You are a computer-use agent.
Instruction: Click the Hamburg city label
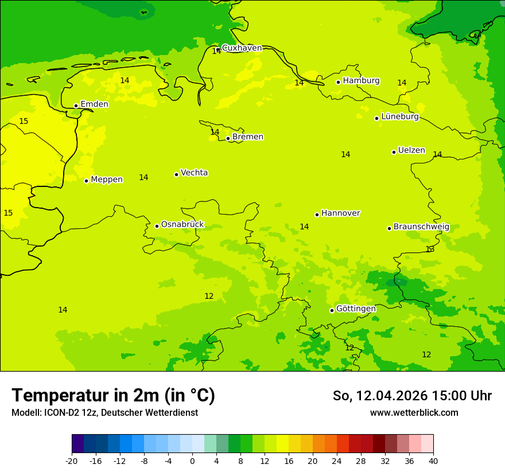[361, 81]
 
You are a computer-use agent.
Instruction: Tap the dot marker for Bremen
[228, 138]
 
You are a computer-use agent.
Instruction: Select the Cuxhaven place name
[242, 48]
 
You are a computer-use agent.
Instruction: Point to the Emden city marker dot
[76, 106]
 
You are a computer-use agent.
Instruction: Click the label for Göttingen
[356, 309]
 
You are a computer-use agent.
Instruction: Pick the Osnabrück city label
[182, 225]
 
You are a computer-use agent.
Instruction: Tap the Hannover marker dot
[317, 214]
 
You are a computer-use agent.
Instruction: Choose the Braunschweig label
[421, 227]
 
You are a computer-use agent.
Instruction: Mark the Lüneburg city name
[399, 117]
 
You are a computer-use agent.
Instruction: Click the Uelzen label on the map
[411, 151]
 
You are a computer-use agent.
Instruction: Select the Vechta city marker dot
[176, 174]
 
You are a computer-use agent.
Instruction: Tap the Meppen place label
[106, 180]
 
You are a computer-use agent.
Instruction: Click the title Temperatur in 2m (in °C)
[113, 396]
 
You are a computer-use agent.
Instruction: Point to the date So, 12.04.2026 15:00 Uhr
[412, 396]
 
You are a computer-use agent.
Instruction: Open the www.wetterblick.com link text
[414, 413]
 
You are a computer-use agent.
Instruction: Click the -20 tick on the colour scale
[72, 461]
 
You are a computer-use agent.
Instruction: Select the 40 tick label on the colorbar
[433, 461]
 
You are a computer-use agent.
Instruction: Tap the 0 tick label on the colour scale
[192, 461]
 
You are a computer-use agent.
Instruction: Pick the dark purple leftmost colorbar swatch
[77, 444]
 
